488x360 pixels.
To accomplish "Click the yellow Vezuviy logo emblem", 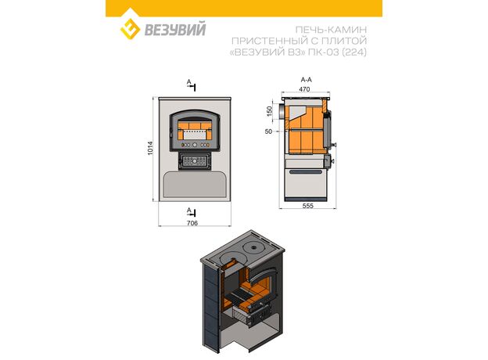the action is pos(130,29).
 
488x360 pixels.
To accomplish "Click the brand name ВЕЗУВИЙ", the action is pos(175,29).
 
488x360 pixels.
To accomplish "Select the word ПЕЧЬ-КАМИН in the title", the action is pos(331,30).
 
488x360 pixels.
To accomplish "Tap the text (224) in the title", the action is pos(354,52).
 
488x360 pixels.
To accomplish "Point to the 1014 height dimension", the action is pos(150,148).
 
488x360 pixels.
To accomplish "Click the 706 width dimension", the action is pos(192,223).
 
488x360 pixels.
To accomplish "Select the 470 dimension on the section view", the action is pos(304,89).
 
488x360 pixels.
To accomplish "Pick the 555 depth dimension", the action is pos(308,206).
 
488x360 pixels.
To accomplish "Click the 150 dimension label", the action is pos(269,111).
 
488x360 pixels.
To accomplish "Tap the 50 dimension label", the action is pos(268,131).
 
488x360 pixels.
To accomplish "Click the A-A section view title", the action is pos(307,80).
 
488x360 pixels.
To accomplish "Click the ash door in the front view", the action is pos(195,161).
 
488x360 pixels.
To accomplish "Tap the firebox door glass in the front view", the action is pos(195,130).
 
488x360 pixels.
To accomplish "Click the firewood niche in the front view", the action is pos(195,184).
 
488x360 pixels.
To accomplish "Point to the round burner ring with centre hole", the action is pos(254,248).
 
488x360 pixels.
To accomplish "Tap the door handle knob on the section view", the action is pos(334,145).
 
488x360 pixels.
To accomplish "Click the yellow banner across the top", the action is pos(244,8).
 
